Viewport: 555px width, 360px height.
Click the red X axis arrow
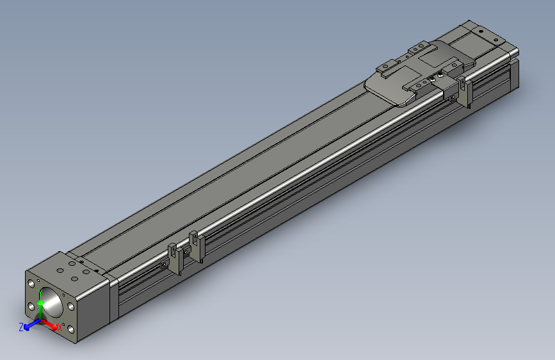click(51, 324)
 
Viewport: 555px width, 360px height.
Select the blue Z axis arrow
click(31, 325)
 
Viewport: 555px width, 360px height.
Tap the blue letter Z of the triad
click(21, 327)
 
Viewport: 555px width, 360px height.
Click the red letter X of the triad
click(60, 328)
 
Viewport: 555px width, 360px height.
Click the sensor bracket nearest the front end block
click(173, 259)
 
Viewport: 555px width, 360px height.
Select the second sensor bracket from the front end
click(197, 247)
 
